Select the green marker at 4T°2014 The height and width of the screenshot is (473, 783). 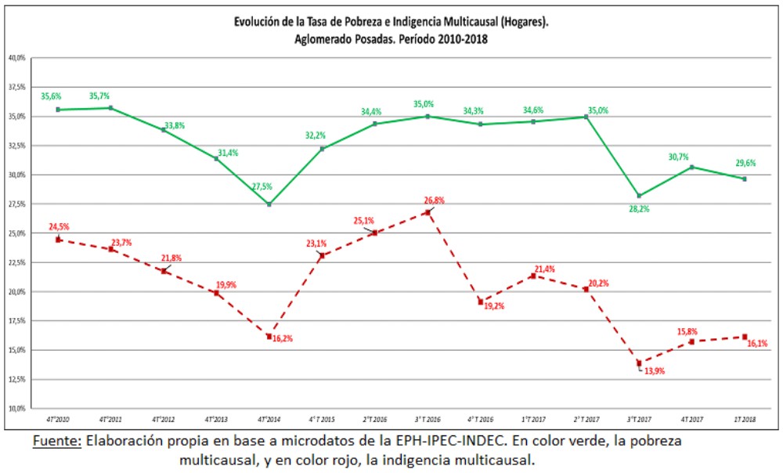(269, 204)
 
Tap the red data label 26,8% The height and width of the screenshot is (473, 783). (433, 200)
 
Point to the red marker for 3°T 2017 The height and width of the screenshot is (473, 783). (639, 363)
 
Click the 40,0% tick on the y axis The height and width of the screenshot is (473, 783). (16, 58)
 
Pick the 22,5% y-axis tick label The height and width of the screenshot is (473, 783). (16, 262)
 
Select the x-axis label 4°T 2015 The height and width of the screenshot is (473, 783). (322, 420)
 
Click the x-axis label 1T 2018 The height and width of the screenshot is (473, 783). (744, 420)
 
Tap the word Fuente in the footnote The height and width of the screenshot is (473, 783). (56, 441)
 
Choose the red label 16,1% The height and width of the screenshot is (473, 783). (756, 344)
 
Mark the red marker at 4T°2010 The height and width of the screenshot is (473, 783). (58, 240)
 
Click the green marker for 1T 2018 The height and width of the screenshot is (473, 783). (744, 179)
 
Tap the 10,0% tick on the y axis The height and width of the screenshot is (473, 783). (16, 408)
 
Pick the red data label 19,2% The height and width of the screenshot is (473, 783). (494, 306)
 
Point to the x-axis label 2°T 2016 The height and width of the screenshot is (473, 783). (374, 420)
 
